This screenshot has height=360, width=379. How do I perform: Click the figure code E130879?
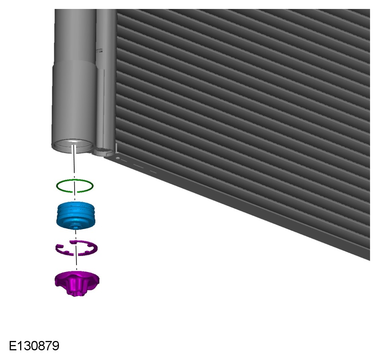pyautogui.click(x=34, y=346)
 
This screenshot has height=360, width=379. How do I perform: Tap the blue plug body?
pyautogui.click(x=76, y=215)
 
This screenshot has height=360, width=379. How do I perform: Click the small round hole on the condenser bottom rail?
pyautogui.click(x=118, y=158)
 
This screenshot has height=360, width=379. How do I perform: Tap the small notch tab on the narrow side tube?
pyautogui.click(x=99, y=50)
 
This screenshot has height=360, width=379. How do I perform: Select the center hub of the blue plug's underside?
pyautogui.click(x=76, y=227)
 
